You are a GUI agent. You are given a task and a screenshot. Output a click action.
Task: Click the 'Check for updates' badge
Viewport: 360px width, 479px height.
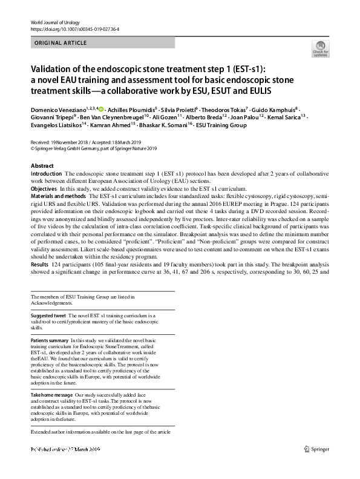tap(320, 50)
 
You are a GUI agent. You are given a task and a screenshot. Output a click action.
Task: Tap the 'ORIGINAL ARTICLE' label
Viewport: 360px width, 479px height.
tap(61, 43)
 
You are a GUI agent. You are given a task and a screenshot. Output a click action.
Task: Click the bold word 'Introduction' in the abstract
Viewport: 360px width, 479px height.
tap(47, 174)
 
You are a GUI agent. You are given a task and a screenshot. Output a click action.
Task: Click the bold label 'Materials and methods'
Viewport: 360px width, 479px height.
tap(58, 197)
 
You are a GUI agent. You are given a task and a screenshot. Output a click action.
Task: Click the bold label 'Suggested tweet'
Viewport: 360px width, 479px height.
tap(48, 316)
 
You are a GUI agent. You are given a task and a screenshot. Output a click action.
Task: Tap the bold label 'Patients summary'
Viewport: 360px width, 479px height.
tap(50, 341)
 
